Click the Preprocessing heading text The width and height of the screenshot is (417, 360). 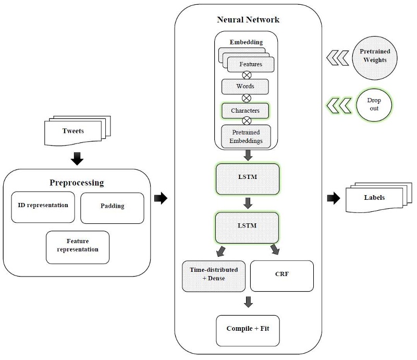point(77,183)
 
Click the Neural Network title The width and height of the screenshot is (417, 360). point(248,20)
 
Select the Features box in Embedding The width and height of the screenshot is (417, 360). point(251,64)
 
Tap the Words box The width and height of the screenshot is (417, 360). point(246,86)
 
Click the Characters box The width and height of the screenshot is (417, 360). point(246,111)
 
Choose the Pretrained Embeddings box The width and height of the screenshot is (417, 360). point(247,136)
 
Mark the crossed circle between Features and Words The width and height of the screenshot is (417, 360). point(247,75)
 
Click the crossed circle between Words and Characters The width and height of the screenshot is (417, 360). point(247,98)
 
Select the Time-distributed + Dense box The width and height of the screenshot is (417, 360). point(213,274)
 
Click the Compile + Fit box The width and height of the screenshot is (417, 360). point(248,329)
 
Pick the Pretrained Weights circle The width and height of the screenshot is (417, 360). point(375,56)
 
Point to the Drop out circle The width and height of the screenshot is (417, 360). point(374,105)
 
